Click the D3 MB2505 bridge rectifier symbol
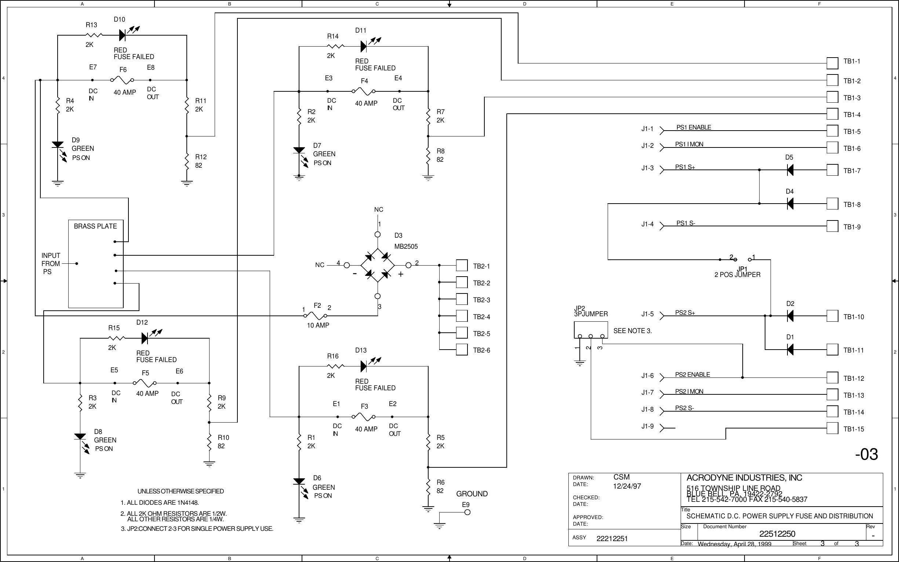377,265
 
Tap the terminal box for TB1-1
832,63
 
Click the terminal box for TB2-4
461,316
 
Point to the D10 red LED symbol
123,35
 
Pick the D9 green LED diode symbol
58,145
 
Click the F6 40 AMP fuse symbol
122,80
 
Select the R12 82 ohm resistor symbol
187,162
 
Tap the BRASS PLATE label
95,226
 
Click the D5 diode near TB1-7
790,170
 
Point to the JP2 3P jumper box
590,330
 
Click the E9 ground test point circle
467,512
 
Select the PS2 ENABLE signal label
692,375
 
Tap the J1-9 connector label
647,426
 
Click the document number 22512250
777,534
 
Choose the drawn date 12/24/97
627,486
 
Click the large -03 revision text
866,454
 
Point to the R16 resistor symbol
336,366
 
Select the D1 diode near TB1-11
790,349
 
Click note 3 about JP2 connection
197,529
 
